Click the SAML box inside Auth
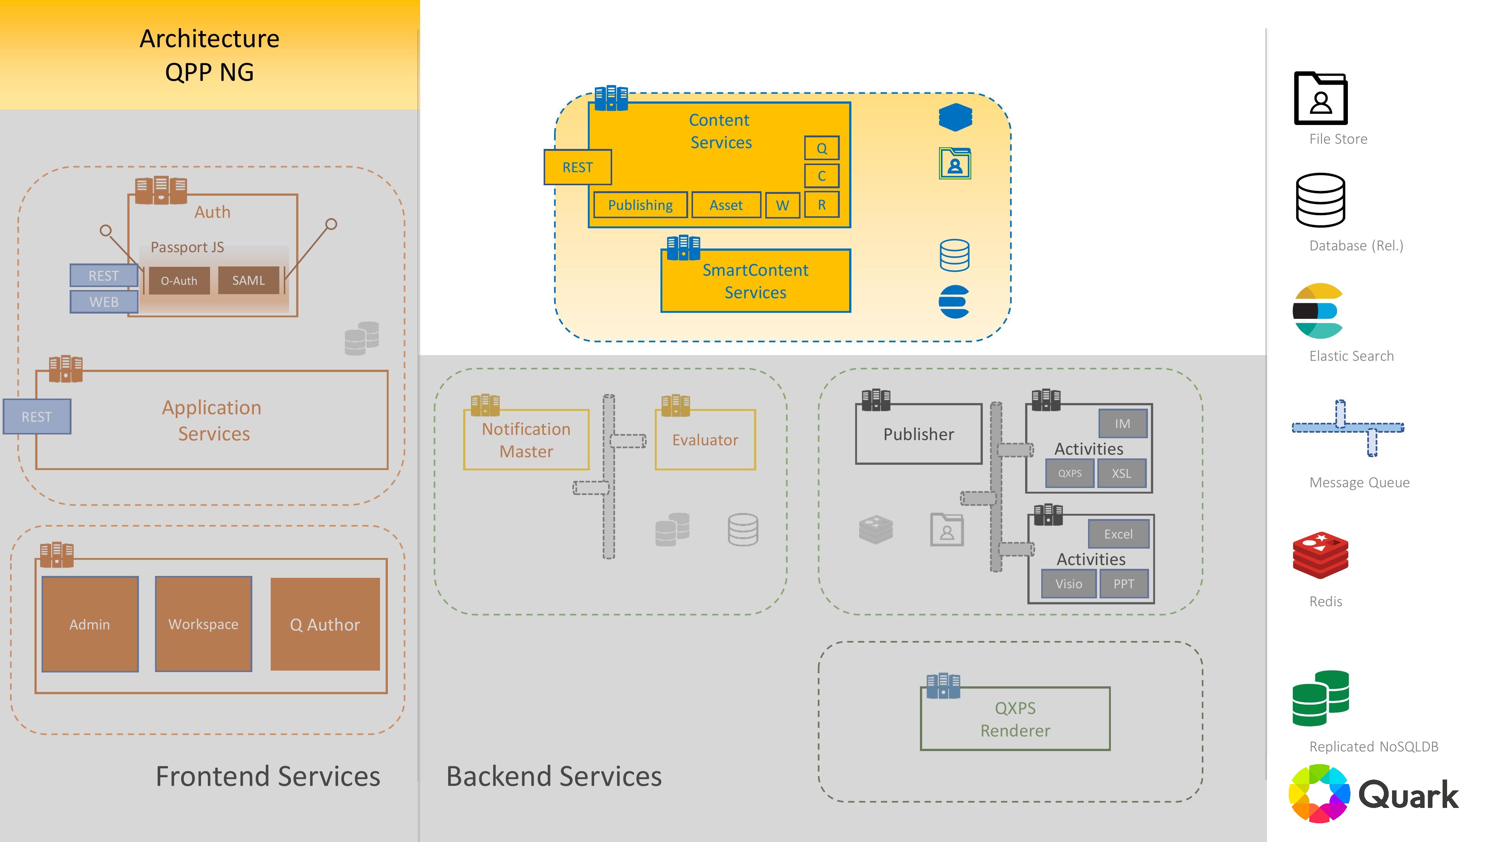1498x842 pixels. (248, 281)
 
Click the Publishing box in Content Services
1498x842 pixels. (640, 205)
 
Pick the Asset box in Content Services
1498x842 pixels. (726, 205)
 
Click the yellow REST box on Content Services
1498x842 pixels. (577, 167)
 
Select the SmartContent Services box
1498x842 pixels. (756, 282)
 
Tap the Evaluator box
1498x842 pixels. (705, 440)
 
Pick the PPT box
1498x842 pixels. (1124, 584)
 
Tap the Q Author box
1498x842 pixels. (325, 625)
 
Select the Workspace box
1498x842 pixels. (204, 625)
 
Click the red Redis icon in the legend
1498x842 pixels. (1320, 555)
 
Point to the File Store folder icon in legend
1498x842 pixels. (1321, 99)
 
